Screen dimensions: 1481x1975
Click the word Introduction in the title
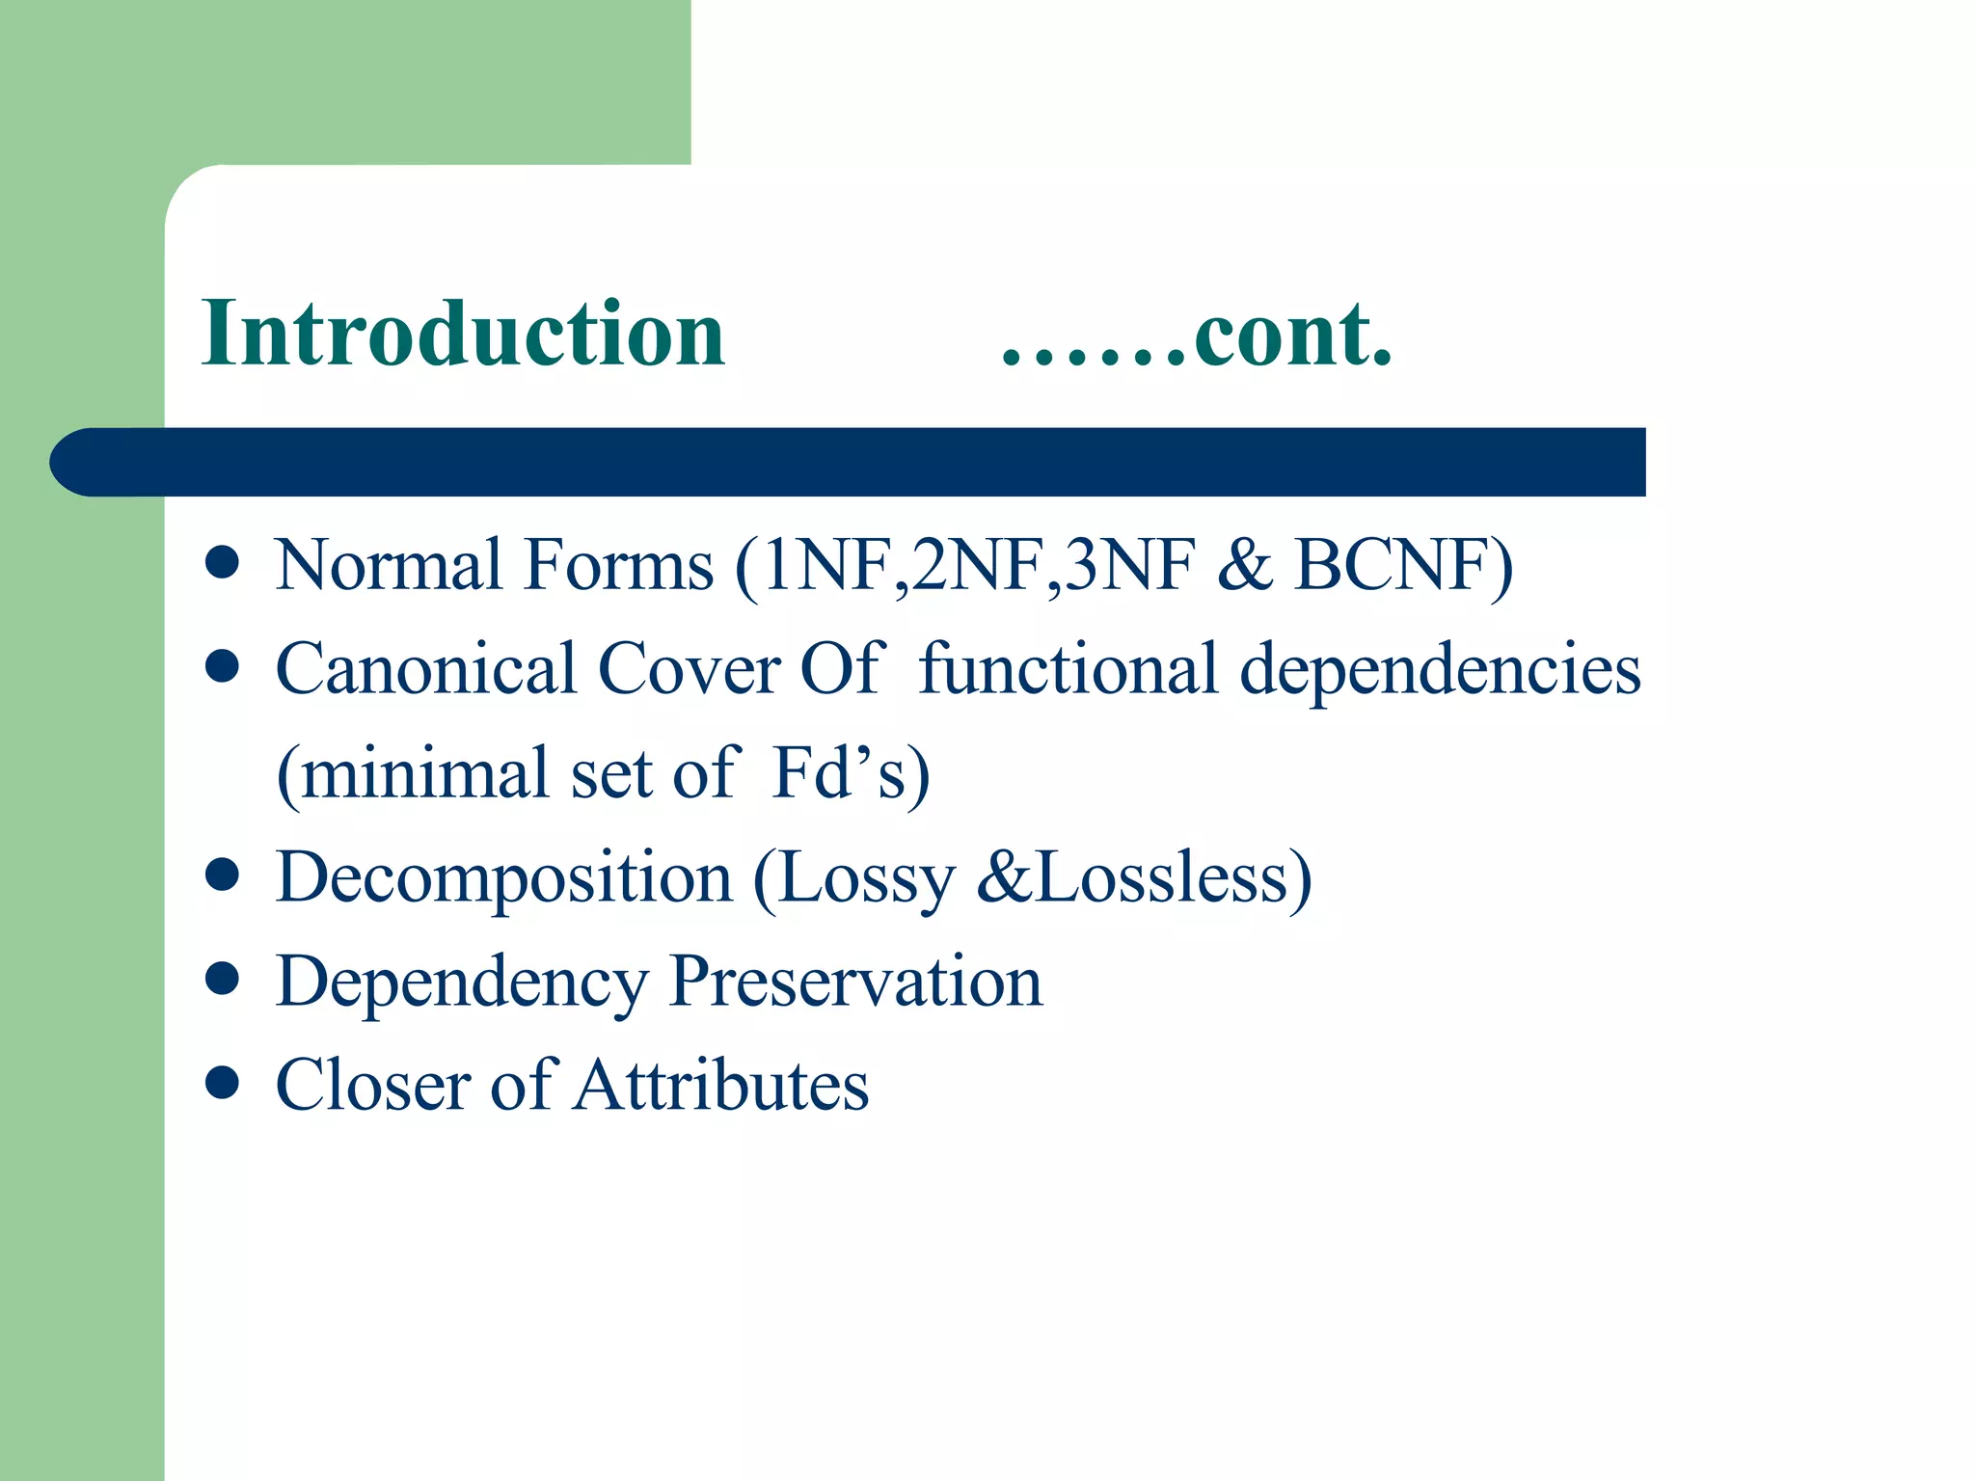(x=463, y=334)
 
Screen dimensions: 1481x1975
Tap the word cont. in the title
(x=1292, y=336)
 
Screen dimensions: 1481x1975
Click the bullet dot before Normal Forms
(x=222, y=563)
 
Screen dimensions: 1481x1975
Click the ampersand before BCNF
(x=1244, y=565)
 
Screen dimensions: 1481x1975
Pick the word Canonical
(x=425, y=669)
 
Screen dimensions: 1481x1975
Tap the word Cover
(x=689, y=669)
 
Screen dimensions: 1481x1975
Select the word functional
(x=1068, y=669)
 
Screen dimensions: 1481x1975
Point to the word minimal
(x=424, y=773)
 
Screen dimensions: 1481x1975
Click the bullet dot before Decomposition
(x=222, y=875)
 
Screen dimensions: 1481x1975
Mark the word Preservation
(x=855, y=982)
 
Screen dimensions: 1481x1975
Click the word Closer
(x=373, y=1086)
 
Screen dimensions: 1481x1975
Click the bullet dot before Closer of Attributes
(x=222, y=1083)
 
